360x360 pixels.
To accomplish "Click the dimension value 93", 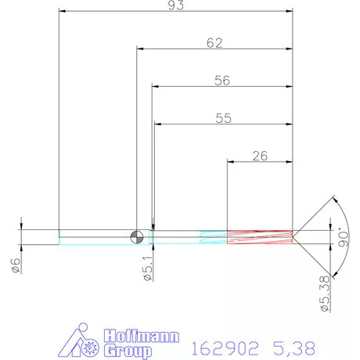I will click(x=175, y=5).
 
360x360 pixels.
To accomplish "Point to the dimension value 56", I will click(x=223, y=81).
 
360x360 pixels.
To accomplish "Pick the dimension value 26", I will click(x=260, y=156).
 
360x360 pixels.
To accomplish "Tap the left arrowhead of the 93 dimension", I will click(x=63, y=12).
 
